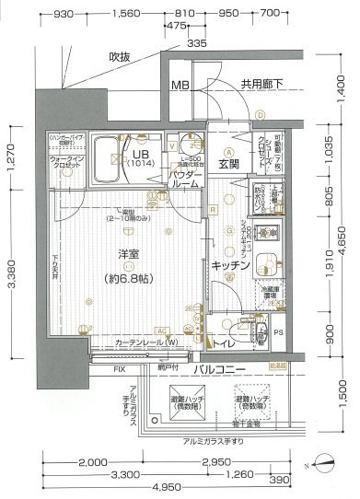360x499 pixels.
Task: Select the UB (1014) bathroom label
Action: (141, 157)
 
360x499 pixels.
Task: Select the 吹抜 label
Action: (120, 57)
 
